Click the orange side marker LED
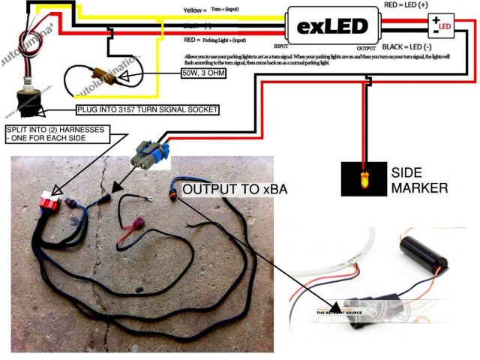click(x=364, y=178)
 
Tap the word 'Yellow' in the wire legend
click(x=193, y=11)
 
